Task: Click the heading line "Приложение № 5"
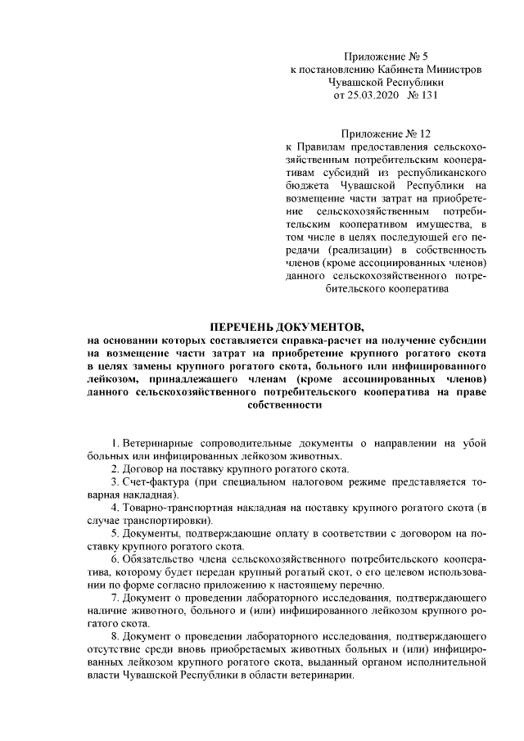pyautogui.click(x=386, y=56)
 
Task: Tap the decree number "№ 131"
pyautogui.click(x=422, y=95)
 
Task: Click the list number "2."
pyautogui.click(x=116, y=469)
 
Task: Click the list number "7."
pyautogui.click(x=116, y=600)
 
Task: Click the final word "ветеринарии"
pyautogui.click(x=323, y=679)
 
